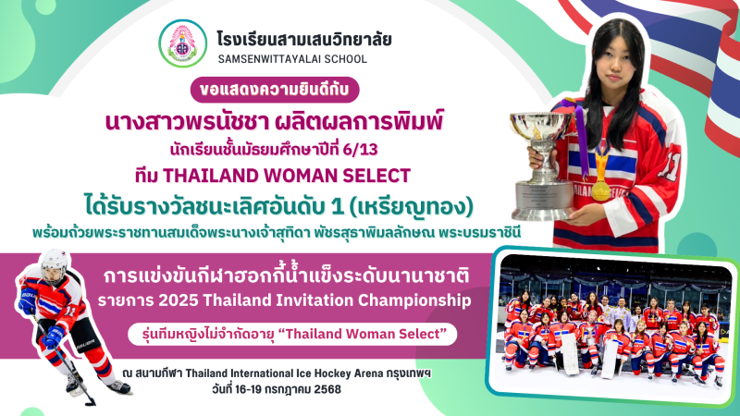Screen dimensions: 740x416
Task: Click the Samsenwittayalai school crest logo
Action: click(182, 43)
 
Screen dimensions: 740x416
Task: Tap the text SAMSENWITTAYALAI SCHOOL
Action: click(292, 59)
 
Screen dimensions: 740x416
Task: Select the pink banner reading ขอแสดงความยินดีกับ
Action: click(275, 90)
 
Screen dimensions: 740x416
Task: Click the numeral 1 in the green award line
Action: click(337, 207)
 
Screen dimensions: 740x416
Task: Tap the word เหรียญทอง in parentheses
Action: click(412, 207)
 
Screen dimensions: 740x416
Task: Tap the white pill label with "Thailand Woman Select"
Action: click(292, 334)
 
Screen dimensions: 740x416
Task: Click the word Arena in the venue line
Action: click(367, 373)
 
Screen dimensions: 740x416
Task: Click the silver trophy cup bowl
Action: click(541, 126)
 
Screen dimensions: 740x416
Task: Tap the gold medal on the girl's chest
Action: click(600, 190)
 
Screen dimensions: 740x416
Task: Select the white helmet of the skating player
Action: click(54, 265)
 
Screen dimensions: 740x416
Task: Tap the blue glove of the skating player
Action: click(52, 336)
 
